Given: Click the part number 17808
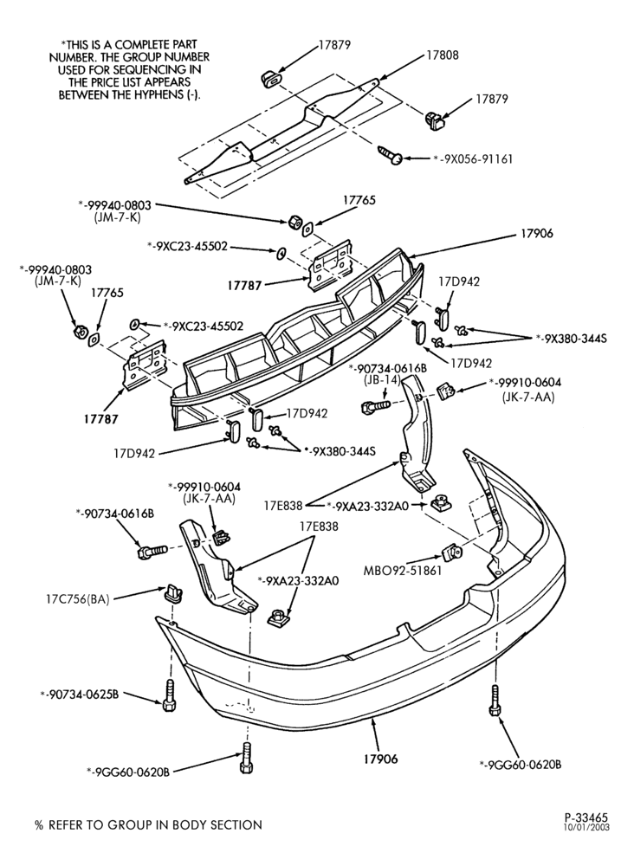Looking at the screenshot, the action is [x=442, y=55].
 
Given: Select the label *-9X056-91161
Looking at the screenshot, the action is [x=473, y=159].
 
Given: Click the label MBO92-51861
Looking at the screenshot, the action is [x=403, y=571].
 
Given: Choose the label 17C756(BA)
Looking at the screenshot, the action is [x=77, y=598].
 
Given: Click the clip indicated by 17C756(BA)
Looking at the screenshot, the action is [x=172, y=592].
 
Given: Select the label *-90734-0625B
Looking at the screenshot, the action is [x=80, y=695].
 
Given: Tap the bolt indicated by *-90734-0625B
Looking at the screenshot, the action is [x=170, y=695].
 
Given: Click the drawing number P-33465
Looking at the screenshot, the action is [x=586, y=817].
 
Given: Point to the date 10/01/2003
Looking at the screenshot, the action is [x=586, y=827].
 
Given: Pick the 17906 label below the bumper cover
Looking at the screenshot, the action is [x=380, y=759].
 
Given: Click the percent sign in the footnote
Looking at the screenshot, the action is [x=39, y=825].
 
